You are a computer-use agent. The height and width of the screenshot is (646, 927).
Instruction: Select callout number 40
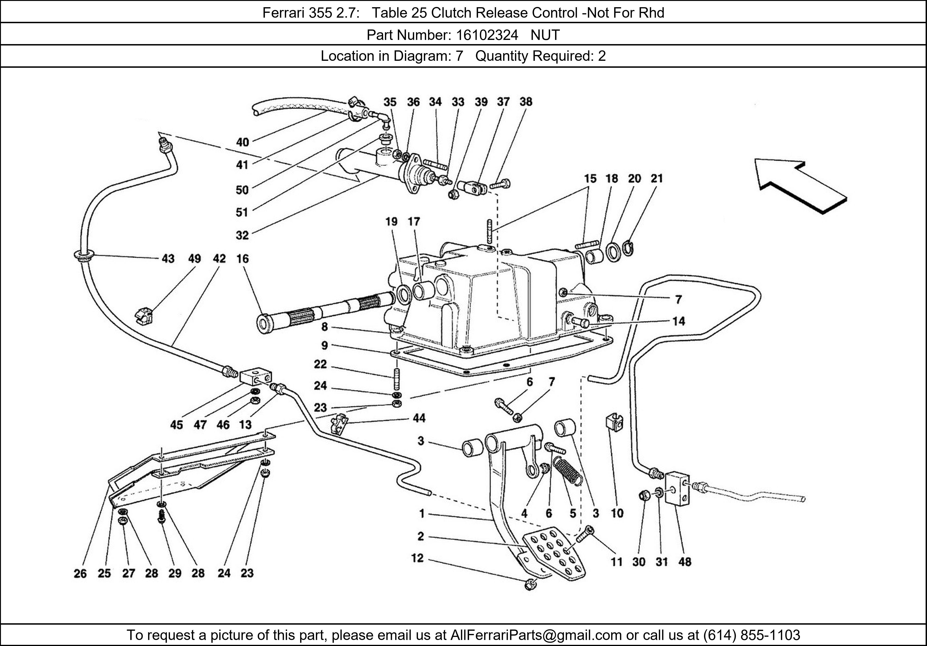(x=242, y=142)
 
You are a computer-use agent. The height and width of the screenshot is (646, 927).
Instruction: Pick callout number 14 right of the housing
(x=679, y=321)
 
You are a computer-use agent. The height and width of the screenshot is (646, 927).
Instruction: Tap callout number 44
(x=419, y=418)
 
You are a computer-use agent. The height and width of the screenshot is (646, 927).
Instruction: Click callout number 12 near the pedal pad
(x=417, y=558)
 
